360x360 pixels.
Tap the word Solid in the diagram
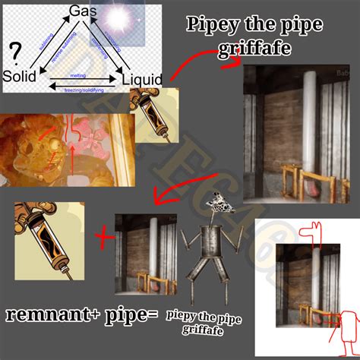pos(20,77)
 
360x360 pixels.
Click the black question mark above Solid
pos(13,52)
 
